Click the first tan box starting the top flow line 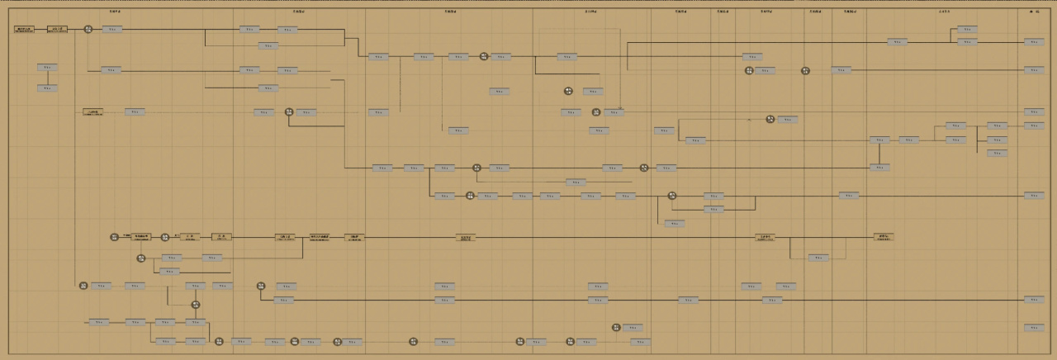click(24, 29)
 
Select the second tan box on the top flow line click(57, 29)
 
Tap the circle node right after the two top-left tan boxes click(88, 29)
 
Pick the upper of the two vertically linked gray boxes click(47, 68)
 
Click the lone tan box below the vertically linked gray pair click(93, 111)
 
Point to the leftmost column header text click(115, 12)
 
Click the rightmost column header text click(1034, 12)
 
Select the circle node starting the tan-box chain click(115, 237)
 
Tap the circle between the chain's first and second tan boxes click(165, 237)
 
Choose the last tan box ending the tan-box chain click(883, 237)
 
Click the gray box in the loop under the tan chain click(818, 258)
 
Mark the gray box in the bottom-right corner click(1034, 328)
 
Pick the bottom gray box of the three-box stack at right click(998, 153)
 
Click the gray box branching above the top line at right click(968, 29)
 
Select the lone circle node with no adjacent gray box click(805, 71)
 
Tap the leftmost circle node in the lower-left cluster click(83, 286)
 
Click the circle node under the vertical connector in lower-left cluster click(196, 305)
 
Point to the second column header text click(299, 12)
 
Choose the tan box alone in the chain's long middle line click(466, 237)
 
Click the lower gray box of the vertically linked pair click(47, 88)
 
